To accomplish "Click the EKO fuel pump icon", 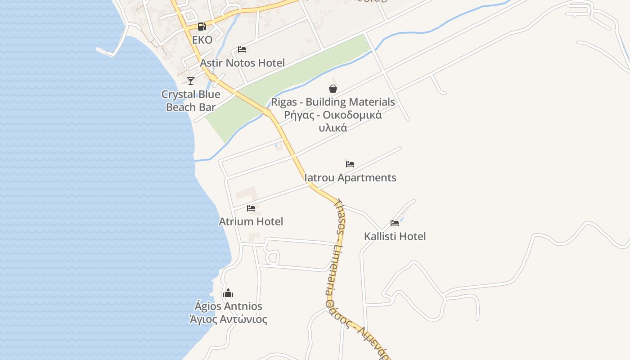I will pos(202,27).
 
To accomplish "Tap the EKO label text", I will pos(202,40).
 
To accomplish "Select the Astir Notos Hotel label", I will pos(242,63).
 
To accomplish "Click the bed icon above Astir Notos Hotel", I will pos(242,49).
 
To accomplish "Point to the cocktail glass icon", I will pos(191,81).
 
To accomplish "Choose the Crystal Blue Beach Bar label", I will pos(191,101).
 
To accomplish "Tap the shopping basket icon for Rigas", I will pos(333,89).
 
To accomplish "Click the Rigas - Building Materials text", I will pos(333,102).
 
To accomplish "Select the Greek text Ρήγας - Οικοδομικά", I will pos(333,115).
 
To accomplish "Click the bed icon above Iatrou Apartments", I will pos(350,164).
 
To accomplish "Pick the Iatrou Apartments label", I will pos(350,178).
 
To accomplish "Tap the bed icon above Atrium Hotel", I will pos(251,208).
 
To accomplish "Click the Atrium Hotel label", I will pos(251,221).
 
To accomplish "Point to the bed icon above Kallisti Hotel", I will pos(395,223).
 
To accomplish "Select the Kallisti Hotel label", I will pos(395,236).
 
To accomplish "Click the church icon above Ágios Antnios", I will pos(228,293).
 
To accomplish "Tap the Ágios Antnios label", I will pos(228,306).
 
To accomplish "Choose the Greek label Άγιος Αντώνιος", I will pos(228,320).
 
